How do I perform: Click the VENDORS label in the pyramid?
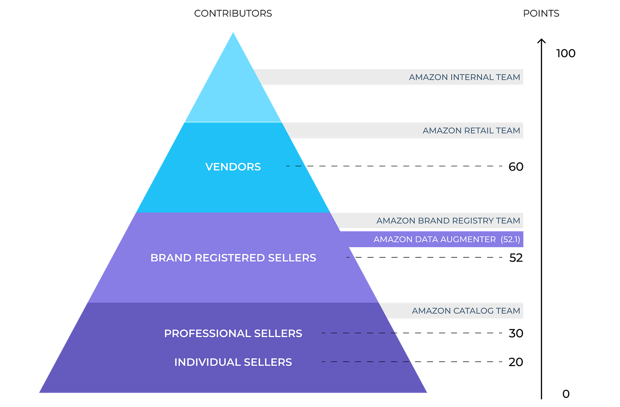(233, 167)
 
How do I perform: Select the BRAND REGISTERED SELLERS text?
(233, 258)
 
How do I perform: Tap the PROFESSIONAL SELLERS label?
(233, 333)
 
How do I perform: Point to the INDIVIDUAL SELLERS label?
(233, 362)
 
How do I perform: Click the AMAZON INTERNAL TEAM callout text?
(464, 77)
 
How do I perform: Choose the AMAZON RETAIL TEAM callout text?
(471, 130)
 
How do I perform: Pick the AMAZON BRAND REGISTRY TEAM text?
(448, 221)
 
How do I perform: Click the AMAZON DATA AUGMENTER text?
(434, 240)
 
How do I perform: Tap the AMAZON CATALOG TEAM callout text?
(466, 311)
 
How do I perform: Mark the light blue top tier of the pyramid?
(233, 94)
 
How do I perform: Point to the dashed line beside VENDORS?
(296, 166)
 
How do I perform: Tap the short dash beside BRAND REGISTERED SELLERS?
(349, 257)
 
